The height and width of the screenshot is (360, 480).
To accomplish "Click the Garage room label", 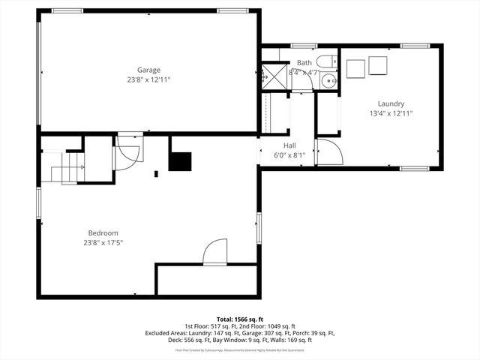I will [148, 70].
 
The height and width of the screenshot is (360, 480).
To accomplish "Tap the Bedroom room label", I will [103, 232].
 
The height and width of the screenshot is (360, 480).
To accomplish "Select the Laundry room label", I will [391, 103].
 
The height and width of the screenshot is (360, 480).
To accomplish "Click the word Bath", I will [304, 63].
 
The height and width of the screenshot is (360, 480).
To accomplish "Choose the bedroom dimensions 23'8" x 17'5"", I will [103, 242].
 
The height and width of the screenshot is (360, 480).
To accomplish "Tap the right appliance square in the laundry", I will [377, 67].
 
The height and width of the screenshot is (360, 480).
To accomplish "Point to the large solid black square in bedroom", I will [180, 161].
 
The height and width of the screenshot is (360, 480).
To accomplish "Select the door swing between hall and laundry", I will [328, 152].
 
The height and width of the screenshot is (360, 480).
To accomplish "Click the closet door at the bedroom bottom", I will [215, 251].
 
